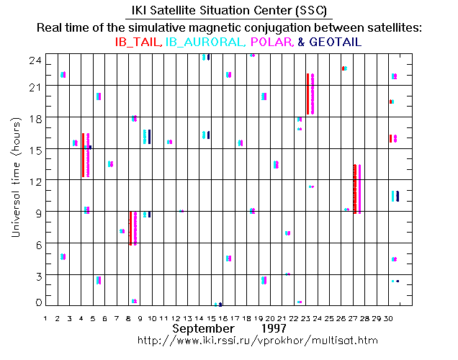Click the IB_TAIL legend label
(x=139, y=42)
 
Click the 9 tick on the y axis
(x=36, y=212)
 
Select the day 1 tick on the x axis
(x=45, y=317)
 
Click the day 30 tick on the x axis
(x=389, y=317)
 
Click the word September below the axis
(x=201, y=328)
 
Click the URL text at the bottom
(x=257, y=338)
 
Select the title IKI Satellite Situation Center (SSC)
(x=228, y=11)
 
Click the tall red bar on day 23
(x=307, y=94)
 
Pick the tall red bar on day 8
(x=130, y=228)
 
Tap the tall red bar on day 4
(x=82, y=155)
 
